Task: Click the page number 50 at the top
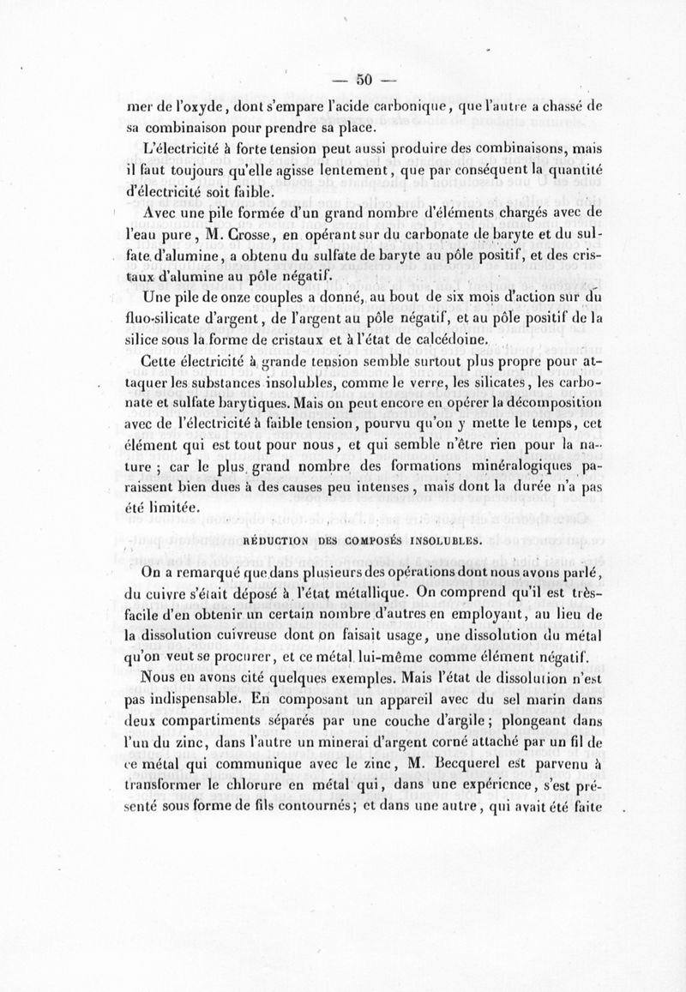coord(362,80)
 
